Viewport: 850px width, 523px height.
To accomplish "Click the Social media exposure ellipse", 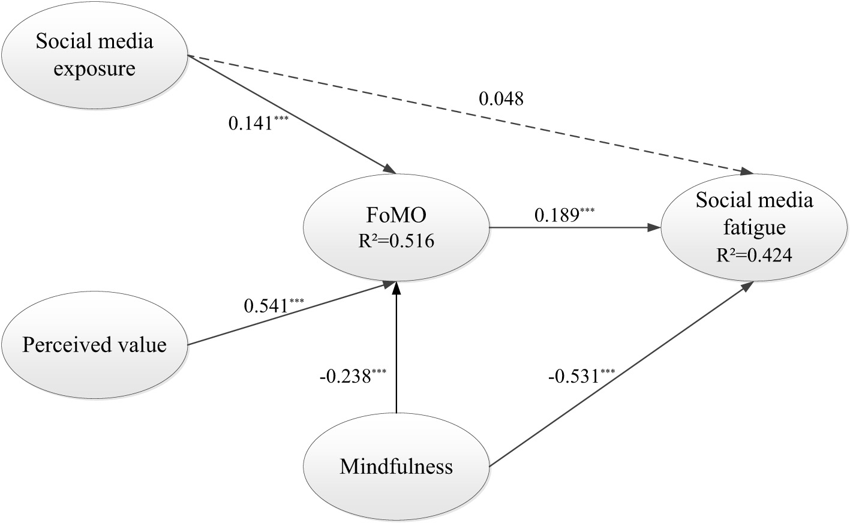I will [95, 55].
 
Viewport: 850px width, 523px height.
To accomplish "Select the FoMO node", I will [397, 227].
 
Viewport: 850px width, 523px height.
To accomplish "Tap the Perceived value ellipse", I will [95, 345].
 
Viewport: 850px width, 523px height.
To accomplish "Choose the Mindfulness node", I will [397, 467].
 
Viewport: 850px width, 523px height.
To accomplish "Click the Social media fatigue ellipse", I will [754, 227].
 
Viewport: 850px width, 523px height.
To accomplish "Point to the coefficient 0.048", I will [501, 98].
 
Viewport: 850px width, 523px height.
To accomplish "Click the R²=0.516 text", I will [397, 241].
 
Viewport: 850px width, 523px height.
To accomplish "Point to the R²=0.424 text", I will [754, 256].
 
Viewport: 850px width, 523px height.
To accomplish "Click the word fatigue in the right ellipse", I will [754, 228].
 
